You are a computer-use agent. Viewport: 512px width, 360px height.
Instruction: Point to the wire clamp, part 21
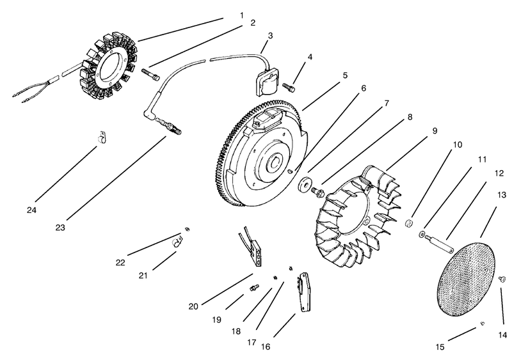pyautogui.click(x=178, y=242)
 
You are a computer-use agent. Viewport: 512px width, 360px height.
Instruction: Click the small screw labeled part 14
pyautogui.click(x=502, y=278)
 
